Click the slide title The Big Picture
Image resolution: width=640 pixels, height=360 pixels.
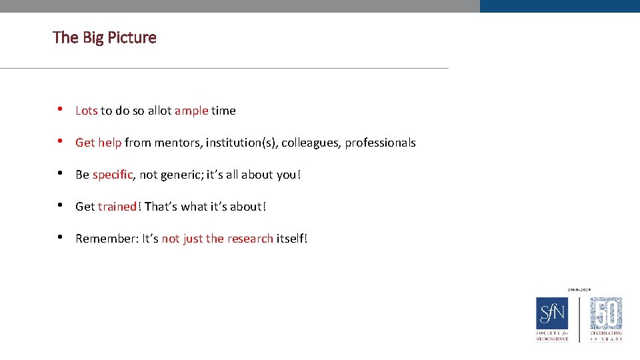click(x=105, y=37)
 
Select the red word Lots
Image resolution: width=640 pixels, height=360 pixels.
click(x=87, y=111)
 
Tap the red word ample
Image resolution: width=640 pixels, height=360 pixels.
click(x=191, y=111)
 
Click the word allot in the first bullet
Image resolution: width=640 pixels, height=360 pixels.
click(x=159, y=111)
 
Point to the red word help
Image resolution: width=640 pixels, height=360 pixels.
click(x=110, y=143)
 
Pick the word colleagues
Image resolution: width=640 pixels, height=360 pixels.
click(x=314, y=143)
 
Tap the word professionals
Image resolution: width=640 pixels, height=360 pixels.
click(x=380, y=143)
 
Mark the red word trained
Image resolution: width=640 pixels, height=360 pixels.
click(x=117, y=207)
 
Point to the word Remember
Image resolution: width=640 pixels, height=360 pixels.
click(x=105, y=239)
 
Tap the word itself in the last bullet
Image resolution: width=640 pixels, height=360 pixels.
click(x=290, y=239)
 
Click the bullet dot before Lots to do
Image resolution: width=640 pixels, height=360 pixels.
click(x=60, y=110)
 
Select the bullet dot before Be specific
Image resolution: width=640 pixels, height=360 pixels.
click(x=60, y=174)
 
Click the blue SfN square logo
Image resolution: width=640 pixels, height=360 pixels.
click(x=552, y=313)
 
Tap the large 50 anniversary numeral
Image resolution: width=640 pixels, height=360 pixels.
click(x=607, y=313)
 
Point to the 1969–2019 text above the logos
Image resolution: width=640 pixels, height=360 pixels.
click(x=579, y=290)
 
